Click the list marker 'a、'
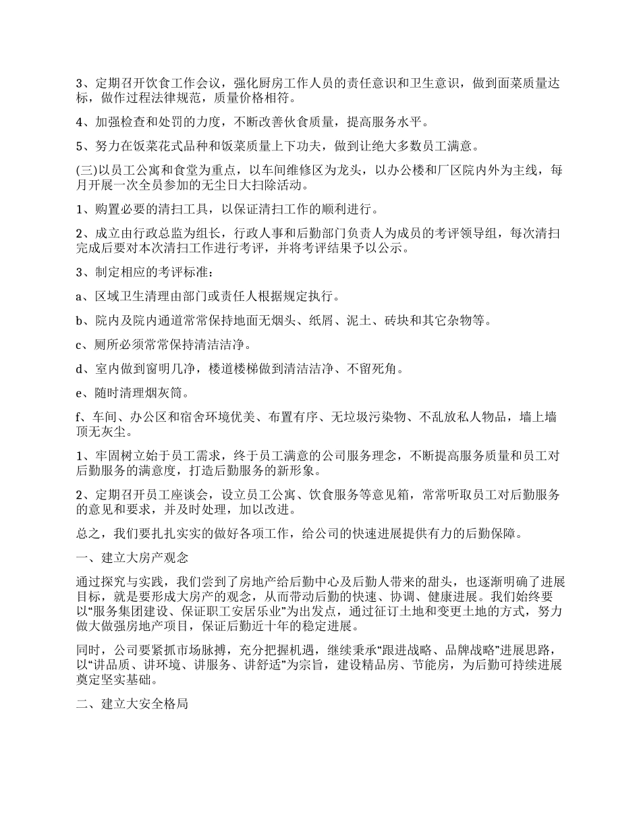click(x=84, y=296)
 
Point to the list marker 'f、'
click(x=83, y=417)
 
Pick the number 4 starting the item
click(x=79, y=122)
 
